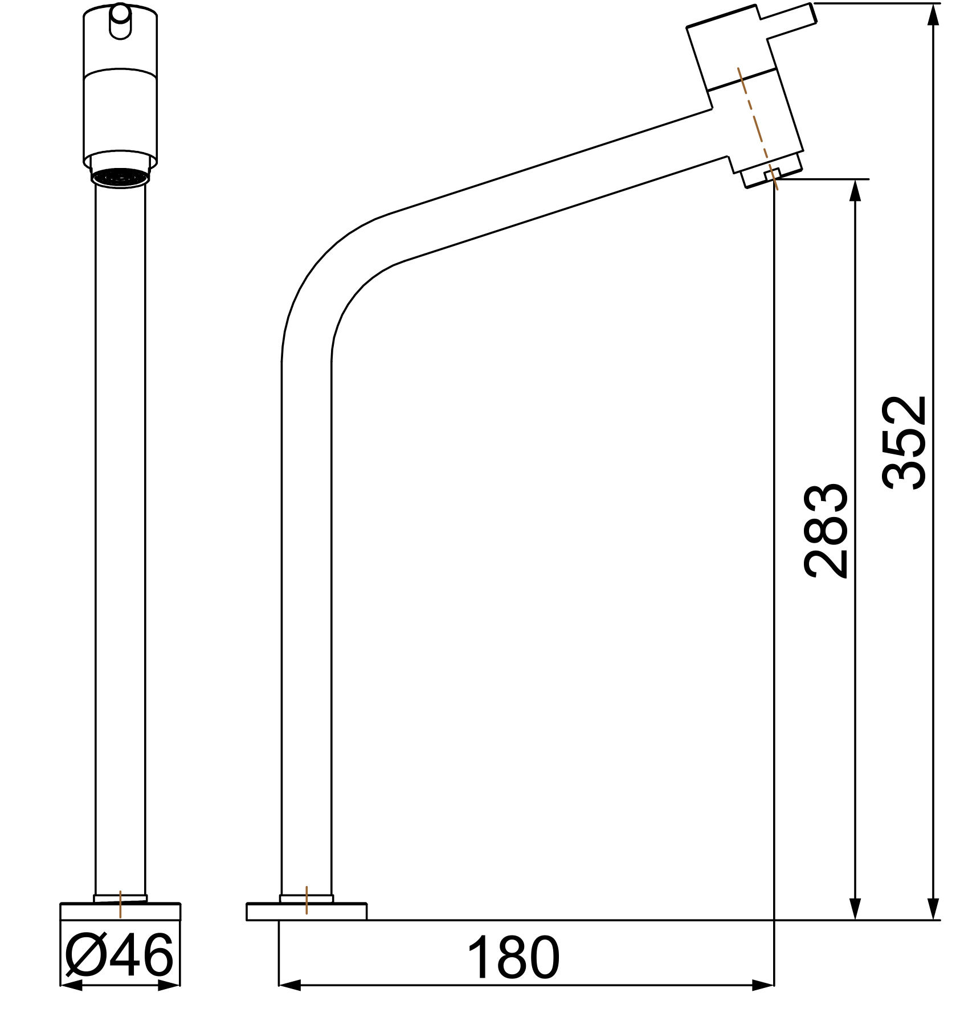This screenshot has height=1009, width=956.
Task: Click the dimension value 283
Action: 826,531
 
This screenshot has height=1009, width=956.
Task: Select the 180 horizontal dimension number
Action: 513,958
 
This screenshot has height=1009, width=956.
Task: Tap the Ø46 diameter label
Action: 119,955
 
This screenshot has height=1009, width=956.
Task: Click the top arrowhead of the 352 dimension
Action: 933,15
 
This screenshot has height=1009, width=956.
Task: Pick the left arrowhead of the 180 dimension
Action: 289,985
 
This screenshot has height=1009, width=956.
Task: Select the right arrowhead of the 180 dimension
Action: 763,985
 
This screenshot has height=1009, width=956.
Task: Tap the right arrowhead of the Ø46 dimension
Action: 170,986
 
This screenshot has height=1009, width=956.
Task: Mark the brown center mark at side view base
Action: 307,900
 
